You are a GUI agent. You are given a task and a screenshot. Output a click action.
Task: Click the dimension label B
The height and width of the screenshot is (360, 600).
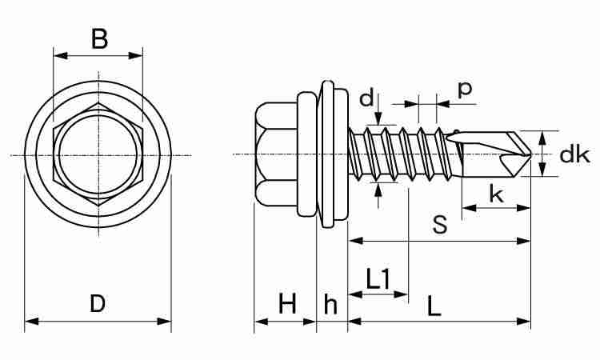[x=99, y=38]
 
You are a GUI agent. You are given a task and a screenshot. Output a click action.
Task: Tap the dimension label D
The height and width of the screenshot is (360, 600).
[x=98, y=303]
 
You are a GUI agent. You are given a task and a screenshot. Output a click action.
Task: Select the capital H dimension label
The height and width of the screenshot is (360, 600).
[x=287, y=303]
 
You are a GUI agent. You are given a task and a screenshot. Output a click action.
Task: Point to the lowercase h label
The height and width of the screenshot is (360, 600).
[x=330, y=304]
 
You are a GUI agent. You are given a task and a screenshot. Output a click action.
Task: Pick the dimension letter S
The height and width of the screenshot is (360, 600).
[x=440, y=224]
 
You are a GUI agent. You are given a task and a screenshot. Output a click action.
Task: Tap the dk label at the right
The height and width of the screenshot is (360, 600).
[x=574, y=154]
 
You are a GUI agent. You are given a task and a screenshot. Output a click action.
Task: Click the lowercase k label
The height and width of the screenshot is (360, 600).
[x=496, y=194]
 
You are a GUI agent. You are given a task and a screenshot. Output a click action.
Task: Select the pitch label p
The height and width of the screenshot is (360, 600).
[x=465, y=90]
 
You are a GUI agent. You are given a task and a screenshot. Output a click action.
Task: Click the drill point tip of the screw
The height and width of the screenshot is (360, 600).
[x=531, y=154]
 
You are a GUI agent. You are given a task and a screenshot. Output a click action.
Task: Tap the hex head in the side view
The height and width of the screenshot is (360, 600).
[x=276, y=154]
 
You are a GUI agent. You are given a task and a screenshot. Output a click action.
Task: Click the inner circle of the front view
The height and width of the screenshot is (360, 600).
[x=98, y=155]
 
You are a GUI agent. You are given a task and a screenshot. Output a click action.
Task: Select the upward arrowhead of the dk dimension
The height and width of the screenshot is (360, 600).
[x=542, y=138]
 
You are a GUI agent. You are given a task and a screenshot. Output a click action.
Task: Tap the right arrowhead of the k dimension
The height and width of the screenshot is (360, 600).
[x=523, y=208]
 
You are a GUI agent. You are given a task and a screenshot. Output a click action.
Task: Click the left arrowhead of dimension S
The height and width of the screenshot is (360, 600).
[x=355, y=241]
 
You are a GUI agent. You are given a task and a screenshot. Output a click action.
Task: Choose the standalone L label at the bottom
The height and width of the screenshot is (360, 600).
[x=434, y=306]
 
